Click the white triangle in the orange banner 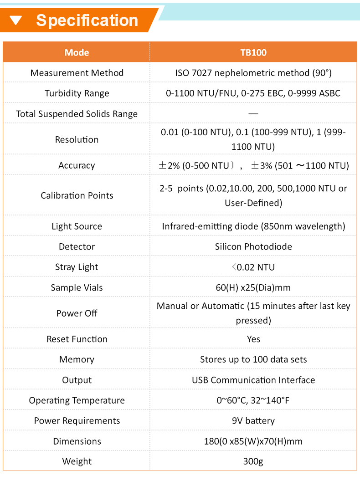click(16, 20)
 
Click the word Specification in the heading click(87, 20)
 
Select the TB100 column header click(253, 52)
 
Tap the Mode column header click(77, 52)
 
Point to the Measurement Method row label click(77, 73)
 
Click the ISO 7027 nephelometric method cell click(253, 73)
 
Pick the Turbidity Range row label click(77, 93)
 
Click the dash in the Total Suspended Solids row click(253, 113)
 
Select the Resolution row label click(77, 139)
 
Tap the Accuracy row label click(77, 165)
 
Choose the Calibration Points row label click(77, 195)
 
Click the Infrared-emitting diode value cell click(253, 226)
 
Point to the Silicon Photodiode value click(253, 246)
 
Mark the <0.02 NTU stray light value click(253, 267)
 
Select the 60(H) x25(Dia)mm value click(253, 287)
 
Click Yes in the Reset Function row click(253, 339)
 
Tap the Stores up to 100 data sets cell click(253, 359)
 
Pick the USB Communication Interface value click(253, 380)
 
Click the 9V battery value click(253, 420)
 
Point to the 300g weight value click(253, 461)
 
